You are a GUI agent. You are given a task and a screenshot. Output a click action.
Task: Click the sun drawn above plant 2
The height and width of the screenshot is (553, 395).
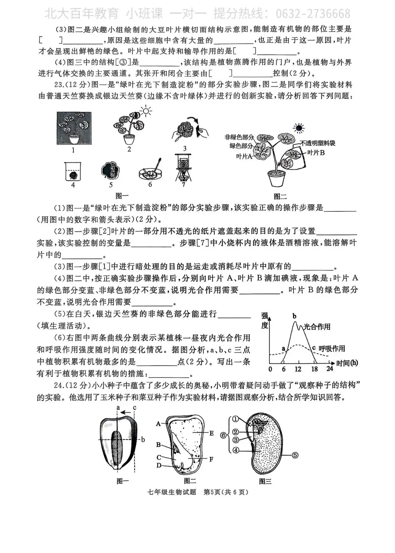[146, 111]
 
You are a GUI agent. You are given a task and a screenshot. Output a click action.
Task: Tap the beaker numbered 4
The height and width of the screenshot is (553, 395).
[73, 172]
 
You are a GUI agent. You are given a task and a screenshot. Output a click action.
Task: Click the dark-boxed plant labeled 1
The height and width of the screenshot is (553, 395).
[74, 128]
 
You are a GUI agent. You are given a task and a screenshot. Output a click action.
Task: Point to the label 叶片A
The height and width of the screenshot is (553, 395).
[244, 156]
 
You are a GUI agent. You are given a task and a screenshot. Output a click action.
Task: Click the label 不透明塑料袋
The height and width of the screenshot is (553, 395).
[317, 143]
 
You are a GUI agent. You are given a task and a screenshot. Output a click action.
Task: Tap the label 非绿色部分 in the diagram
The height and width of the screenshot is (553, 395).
[239, 137]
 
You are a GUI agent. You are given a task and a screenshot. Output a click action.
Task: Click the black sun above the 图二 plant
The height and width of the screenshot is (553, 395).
[299, 128]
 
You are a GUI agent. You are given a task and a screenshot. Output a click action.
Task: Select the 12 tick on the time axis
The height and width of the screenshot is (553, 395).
[298, 369]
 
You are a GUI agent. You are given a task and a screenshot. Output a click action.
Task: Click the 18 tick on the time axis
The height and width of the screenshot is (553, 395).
[314, 369]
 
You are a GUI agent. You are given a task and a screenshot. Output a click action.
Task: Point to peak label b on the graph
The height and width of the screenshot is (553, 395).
[294, 316]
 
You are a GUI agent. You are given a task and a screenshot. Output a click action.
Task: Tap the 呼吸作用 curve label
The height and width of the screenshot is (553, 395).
[332, 349]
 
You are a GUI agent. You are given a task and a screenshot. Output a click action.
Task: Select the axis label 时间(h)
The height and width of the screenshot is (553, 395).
[347, 363]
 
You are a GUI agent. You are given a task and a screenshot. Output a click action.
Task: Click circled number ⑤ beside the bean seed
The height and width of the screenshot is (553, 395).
[295, 455]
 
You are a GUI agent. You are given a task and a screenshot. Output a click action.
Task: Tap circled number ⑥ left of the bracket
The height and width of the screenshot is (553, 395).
[223, 435]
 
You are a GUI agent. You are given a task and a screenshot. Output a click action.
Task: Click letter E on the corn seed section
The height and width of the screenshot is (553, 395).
[211, 433]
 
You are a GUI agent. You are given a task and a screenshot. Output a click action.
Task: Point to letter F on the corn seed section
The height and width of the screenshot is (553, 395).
[211, 459]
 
